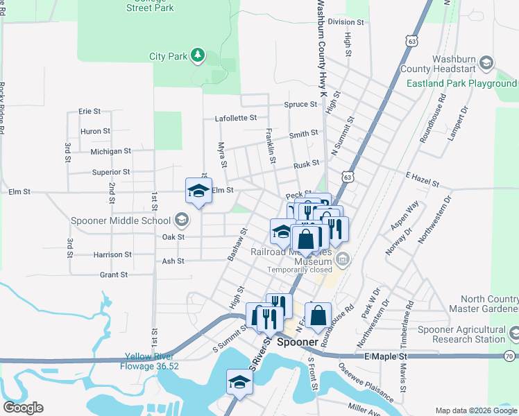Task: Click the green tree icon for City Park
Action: (198, 55)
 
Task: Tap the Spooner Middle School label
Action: (121, 221)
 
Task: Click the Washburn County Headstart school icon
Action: (487, 64)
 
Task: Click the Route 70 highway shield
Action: (510, 356)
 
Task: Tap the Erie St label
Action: (90, 111)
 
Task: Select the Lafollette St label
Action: (236, 119)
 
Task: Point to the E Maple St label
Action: (384, 356)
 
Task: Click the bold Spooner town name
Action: (298, 343)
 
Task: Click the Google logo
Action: (24, 408)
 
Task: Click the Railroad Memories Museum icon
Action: (341, 261)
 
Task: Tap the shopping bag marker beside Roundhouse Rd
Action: (317, 316)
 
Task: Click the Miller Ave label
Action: (365, 409)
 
